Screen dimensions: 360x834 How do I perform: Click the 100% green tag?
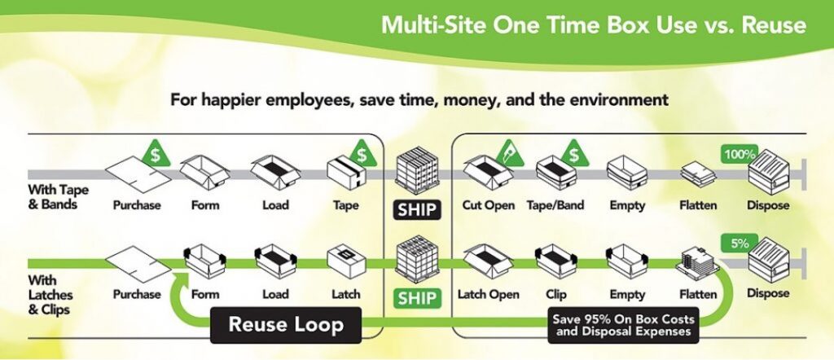(740, 152)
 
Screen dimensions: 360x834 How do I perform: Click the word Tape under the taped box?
(346, 205)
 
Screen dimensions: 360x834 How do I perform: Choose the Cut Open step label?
(489, 205)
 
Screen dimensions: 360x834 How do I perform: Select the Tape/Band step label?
(555, 205)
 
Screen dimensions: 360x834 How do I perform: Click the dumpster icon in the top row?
(768, 173)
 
